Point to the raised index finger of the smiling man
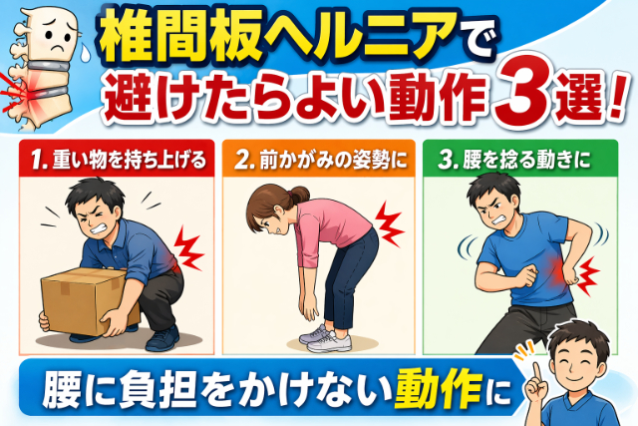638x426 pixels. point(537,373)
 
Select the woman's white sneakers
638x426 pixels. point(326,338)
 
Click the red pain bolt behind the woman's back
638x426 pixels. point(388,224)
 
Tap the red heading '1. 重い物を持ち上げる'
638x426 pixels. point(118,160)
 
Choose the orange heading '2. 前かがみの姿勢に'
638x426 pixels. point(321,160)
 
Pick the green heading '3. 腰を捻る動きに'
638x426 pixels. point(513,160)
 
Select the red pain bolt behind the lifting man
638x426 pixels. point(187,247)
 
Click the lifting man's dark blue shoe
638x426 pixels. point(162,339)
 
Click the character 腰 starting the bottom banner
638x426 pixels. point(62,389)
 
